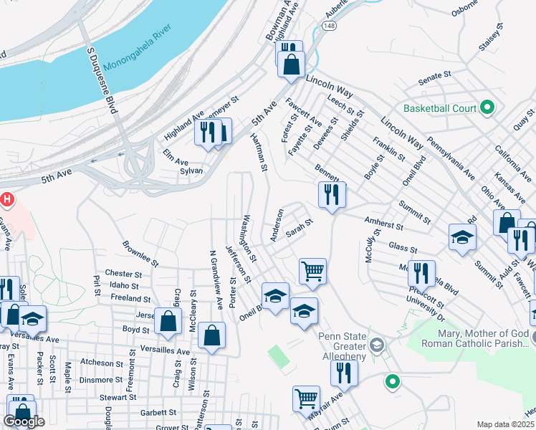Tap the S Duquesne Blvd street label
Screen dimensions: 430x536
[x=102, y=85]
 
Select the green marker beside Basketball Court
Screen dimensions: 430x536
[x=487, y=108]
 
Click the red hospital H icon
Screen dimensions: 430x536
[x=6, y=199]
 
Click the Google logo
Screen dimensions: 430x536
[x=24, y=421]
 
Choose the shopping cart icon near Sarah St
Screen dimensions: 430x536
[x=312, y=271]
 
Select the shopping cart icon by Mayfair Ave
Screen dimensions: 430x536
[x=306, y=398]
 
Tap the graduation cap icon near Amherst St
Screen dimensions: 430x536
[x=462, y=236]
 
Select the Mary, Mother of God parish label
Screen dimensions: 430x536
[x=477, y=339]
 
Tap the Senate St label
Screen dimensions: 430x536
[x=434, y=74]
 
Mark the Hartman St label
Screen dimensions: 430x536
[x=258, y=152]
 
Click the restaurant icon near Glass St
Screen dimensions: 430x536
[x=421, y=273]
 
